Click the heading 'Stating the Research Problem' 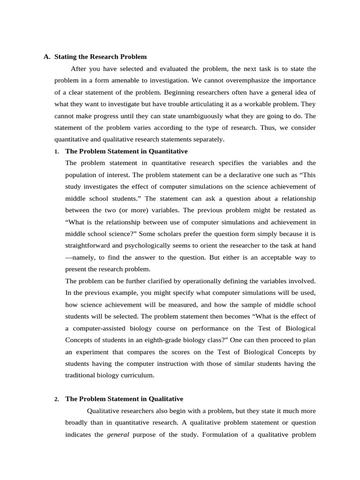100,57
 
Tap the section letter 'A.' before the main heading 47,57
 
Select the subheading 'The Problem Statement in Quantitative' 126,151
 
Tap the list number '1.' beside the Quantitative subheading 56,151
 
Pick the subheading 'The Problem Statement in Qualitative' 124,399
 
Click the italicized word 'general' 118,434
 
